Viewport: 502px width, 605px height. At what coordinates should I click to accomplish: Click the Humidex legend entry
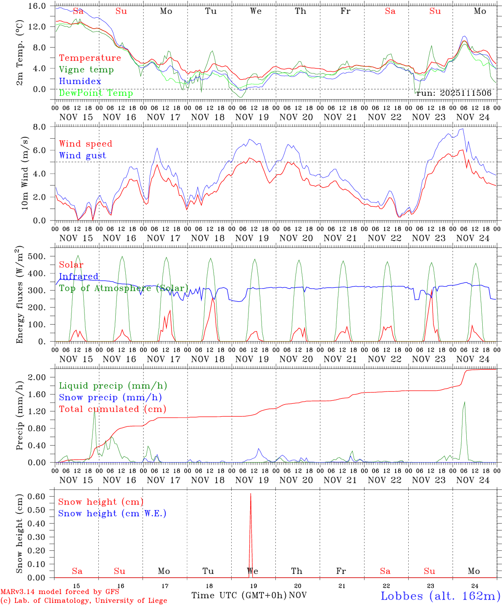(x=80, y=81)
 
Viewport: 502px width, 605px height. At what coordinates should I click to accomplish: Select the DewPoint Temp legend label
(x=96, y=93)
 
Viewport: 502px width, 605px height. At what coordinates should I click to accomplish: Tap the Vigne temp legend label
(x=86, y=69)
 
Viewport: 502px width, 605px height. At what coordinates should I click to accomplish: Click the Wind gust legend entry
(x=82, y=155)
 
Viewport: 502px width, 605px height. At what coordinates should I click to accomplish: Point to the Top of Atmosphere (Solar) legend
(x=124, y=288)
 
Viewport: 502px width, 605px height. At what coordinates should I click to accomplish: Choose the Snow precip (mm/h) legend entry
(x=110, y=397)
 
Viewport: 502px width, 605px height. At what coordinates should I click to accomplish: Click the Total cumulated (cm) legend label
(x=112, y=409)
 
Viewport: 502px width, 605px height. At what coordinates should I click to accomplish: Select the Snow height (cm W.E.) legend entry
(x=112, y=513)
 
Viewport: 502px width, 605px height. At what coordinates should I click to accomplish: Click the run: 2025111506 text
(x=454, y=93)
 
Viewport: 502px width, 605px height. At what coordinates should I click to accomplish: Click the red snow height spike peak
(x=251, y=494)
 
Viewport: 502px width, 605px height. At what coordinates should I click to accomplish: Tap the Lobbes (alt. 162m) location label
(x=440, y=595)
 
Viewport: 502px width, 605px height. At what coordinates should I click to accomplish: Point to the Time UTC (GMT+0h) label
(x=239, y=595)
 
